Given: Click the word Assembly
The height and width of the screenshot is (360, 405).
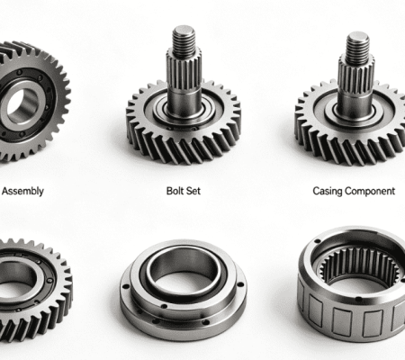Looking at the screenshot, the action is pos(22,191).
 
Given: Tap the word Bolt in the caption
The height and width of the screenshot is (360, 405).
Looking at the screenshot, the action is pos(174,191).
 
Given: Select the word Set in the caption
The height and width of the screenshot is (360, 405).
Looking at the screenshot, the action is pos(193,191).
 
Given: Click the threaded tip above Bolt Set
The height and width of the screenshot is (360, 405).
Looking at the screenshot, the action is pos(184,41).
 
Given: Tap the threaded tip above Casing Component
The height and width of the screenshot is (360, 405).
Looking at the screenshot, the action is pos(357,48).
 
